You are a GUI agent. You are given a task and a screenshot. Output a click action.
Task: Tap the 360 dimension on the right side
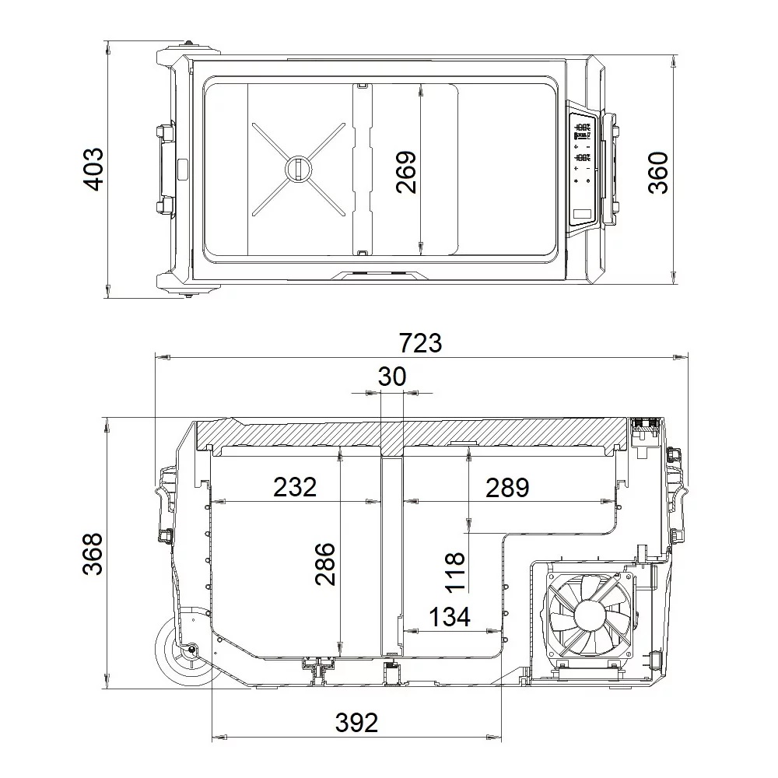coord(658,173)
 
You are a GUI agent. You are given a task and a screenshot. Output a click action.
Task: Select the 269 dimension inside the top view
coord(405,171)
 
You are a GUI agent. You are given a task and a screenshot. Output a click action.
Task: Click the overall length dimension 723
coord(420,342)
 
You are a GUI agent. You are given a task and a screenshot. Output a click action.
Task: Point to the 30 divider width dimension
coord(392,377)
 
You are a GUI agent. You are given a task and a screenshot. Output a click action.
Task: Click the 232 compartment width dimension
coord(295,487)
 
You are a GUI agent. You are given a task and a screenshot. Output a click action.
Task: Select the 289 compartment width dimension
coord(506,487)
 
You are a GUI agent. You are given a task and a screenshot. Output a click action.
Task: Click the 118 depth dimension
coord(455,571)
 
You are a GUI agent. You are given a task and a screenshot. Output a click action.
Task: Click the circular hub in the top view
coord(297,168)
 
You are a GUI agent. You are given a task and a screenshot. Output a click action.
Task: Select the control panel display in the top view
coord(583,167)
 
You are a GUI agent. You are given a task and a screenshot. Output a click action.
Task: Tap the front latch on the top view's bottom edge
coord(377,273)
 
